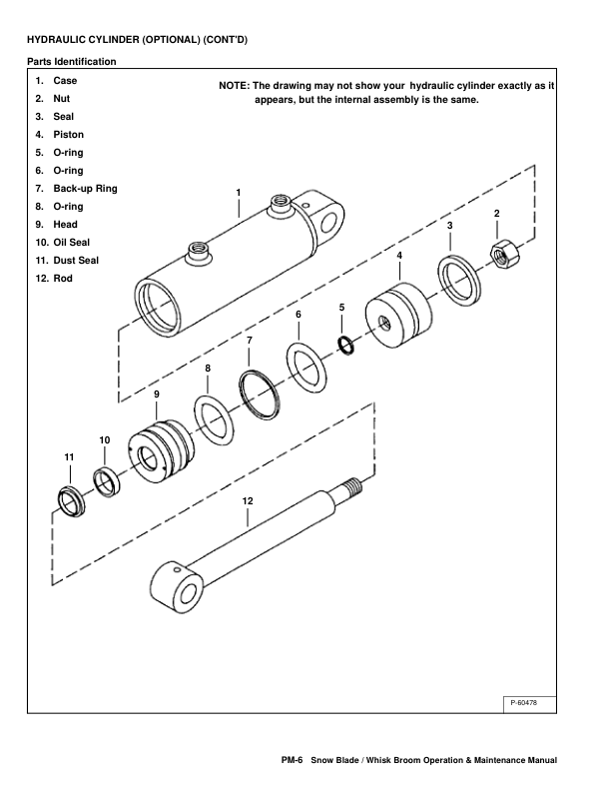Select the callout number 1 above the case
click(x=239, y=191)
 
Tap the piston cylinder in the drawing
click(x=400, y=318)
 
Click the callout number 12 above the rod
click(x=248, y=499)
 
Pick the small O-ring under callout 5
click(x=343, y=345)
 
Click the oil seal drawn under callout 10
click(x=106, y=480)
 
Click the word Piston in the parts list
click(x=69, y=134)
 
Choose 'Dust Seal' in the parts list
click(x=76, y=260)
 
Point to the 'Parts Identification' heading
click(x=71, y=62)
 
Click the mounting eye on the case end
click(x=327, y=215)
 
